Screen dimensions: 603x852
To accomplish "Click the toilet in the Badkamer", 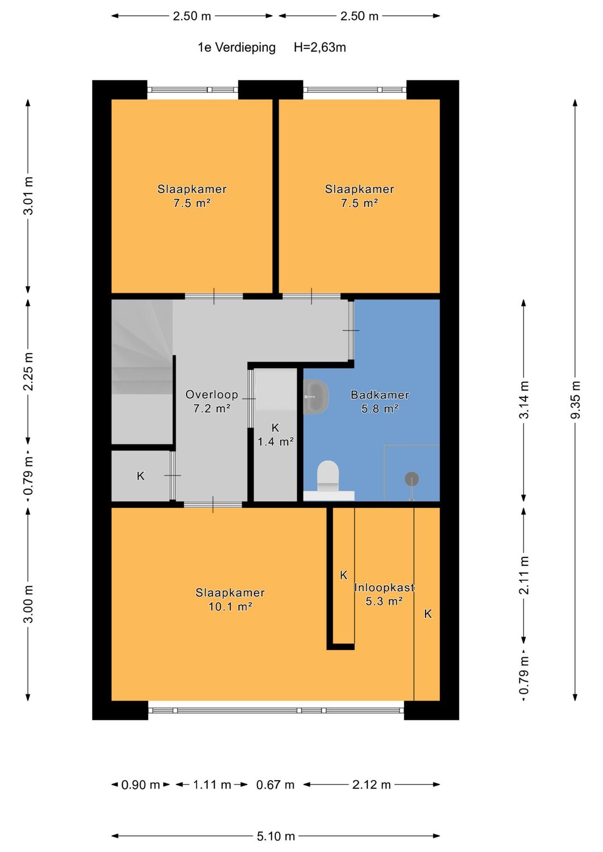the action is (x=328, y=475).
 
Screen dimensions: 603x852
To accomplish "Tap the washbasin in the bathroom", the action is (x=316, y=397).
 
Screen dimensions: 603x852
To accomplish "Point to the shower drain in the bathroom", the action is (x=411, y=479).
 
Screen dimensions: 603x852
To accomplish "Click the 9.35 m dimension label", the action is (x=576, y=399).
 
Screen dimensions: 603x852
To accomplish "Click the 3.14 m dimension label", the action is (x=524, y=399).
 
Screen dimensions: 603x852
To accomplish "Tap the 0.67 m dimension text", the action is (x=275, y=784).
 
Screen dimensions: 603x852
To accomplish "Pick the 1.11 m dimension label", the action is (x=212, y=784).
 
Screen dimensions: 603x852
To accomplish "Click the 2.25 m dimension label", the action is (x=28, y=372).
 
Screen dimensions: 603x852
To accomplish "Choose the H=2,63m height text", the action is (x=320, y=47).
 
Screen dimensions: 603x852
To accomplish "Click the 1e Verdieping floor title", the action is (x=236, y=47).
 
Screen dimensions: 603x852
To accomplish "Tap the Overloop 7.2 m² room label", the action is (x=212, y=402).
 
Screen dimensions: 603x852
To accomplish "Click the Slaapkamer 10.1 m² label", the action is (x=230, y=599).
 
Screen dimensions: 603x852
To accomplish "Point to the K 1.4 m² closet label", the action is (x=275, y=435).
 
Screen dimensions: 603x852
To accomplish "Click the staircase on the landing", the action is (x=142, y=371).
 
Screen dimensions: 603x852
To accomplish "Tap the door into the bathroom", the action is (x=351, y=330).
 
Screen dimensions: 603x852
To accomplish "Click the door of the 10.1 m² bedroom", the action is (x=213, y=504).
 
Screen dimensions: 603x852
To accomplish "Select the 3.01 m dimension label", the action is (x=28, y=196).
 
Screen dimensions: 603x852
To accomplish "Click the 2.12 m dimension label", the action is (x=371, y=784).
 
